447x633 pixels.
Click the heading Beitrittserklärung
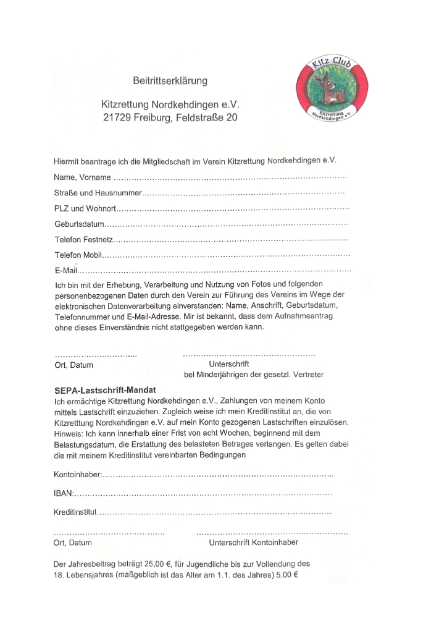170,81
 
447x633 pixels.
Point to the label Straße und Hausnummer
98,193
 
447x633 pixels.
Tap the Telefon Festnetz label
83,239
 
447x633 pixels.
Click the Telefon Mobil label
77,255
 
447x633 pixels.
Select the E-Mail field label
65,270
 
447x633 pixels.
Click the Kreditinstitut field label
75,512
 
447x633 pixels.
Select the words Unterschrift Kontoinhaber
254,542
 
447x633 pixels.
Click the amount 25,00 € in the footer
158,564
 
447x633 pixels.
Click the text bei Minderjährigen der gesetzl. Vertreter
254,375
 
